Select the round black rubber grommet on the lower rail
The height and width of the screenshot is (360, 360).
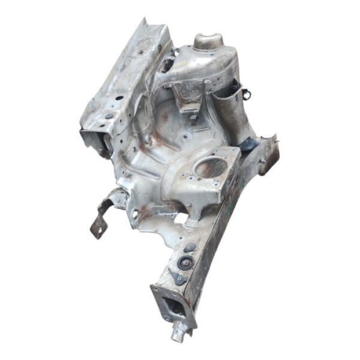[185, 262]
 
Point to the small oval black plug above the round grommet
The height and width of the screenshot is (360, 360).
[190, 248]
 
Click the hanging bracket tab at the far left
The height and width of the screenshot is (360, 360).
[99, 226]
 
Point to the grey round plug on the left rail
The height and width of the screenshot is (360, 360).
[109, 115]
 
